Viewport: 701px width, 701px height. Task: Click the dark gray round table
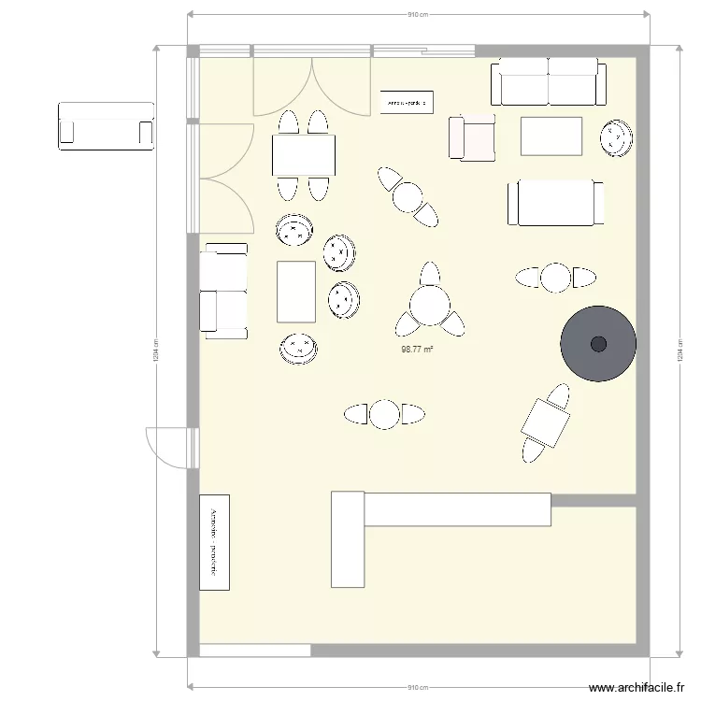[598, 343]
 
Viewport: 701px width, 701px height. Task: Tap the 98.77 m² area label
[417, 350]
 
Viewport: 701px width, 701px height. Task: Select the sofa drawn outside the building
[106, 125]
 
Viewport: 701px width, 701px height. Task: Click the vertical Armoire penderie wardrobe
[214, 542]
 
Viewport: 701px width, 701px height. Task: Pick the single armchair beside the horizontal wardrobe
[472, 137]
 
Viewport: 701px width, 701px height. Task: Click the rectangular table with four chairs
[304, 155]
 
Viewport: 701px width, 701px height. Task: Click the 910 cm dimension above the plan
[418, 15]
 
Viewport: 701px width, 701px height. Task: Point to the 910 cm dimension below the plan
[418, 687]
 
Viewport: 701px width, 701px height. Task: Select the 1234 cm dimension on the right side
[679, 352]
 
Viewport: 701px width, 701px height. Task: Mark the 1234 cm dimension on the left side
[156, 352]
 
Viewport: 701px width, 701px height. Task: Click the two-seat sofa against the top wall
[548, 81]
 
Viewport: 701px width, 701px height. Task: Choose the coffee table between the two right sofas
[551, 136]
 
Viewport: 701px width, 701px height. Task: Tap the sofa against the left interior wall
[224, 291]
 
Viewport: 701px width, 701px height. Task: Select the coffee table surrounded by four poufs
[297, 292]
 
